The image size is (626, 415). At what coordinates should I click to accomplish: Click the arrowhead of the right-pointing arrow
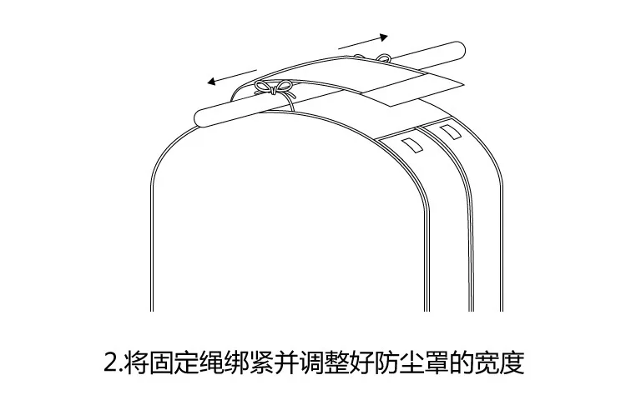coord(384,37)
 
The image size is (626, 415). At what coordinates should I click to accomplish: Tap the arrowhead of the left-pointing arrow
coord(211,82)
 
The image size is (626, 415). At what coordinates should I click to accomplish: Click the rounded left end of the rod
coord(200,118)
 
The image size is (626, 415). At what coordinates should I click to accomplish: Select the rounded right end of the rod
coord(459,49)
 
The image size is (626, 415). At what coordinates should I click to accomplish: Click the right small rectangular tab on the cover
coord(449,131)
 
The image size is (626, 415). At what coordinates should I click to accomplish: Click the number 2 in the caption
coord(110,362)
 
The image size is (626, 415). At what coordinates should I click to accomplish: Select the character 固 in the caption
coord(161,362)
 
